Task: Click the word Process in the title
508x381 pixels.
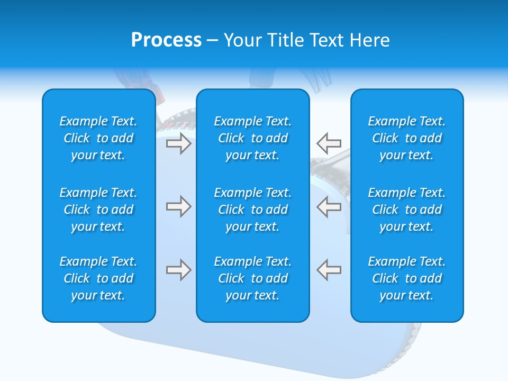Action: pyautogui.click(x=166, y=40)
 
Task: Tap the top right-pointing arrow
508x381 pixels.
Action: pyautogui.click(x=178, y=143)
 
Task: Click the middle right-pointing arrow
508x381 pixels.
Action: pyautogui.click(x=178, y=206)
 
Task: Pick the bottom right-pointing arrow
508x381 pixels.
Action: pyautogui.click(x=178, y=270)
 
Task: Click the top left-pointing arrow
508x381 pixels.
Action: pyautogui.click(x=329, y=143)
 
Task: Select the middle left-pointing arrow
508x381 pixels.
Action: pyautogui.click(x=329, y=206)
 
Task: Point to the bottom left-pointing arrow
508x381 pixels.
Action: pyautogui.click(x=329, y=270)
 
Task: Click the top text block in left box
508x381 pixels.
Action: pyautogui.click(x=98, y=138)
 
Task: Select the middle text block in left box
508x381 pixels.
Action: pyautogui.click(x=98, y=210)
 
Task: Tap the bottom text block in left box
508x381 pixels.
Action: pyautogui.click(x=98, y=278)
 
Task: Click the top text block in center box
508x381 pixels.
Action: pyautogui.click(x=252, y=138)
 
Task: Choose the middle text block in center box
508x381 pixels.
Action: pyautogui.click(x=252, y=210)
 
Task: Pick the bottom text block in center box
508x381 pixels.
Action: pyautogui.click(x=252, y=278)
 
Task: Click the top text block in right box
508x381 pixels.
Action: pyautogui.click(x=406, y=138)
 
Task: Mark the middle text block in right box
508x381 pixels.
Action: pyautogui.click(x=406, y=210)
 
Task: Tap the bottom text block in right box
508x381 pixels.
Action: pyautogui.click(x=406, y=278)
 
